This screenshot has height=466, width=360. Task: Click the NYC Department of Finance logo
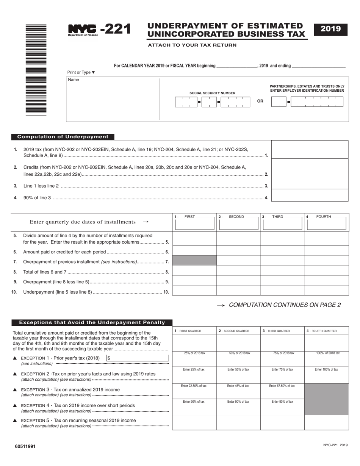[83, 30]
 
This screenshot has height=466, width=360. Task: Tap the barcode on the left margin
[36, 70]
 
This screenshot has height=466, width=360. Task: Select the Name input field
[113, 99]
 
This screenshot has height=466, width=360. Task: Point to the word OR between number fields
[260, 101]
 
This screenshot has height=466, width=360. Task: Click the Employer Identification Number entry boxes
[307, 102]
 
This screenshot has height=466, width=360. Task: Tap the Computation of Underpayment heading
[63, 137]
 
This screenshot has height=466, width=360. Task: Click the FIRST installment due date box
[194, 224]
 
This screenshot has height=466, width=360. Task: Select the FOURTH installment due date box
[327, 224]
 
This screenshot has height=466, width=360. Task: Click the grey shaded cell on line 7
[194, 260]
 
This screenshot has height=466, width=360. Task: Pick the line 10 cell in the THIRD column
[282, 290]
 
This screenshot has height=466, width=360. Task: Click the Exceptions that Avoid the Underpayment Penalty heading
[92, 322]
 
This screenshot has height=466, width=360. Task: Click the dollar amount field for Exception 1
[137, 358]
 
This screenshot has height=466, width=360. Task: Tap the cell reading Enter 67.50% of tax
[282, 391]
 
